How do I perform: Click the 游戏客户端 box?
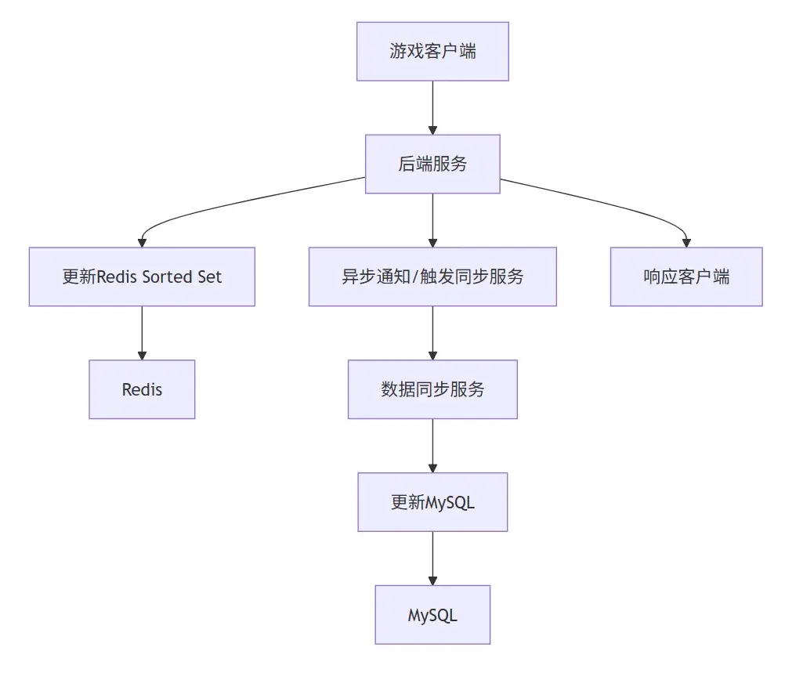tap(432, 52)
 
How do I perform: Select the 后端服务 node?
tap(432, 164)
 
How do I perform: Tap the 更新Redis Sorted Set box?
tap(142, 277)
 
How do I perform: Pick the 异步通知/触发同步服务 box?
tap(432, 277)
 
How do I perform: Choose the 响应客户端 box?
tap(686, 277)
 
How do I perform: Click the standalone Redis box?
tap(142, 389)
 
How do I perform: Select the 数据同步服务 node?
tap(432, 389)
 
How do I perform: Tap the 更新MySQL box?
tap(432, 502)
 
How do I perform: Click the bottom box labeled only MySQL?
tap(432, 615)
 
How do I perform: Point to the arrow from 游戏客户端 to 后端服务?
tap(432, 107)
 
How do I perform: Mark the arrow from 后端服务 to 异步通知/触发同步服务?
tap(432, 220)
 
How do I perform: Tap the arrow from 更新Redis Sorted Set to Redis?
tap(142, 333)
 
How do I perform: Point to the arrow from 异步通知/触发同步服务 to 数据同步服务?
tap(432, 333)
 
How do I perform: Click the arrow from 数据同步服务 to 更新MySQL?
tap(432, 446)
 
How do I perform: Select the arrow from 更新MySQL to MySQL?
tap(432, 559)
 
